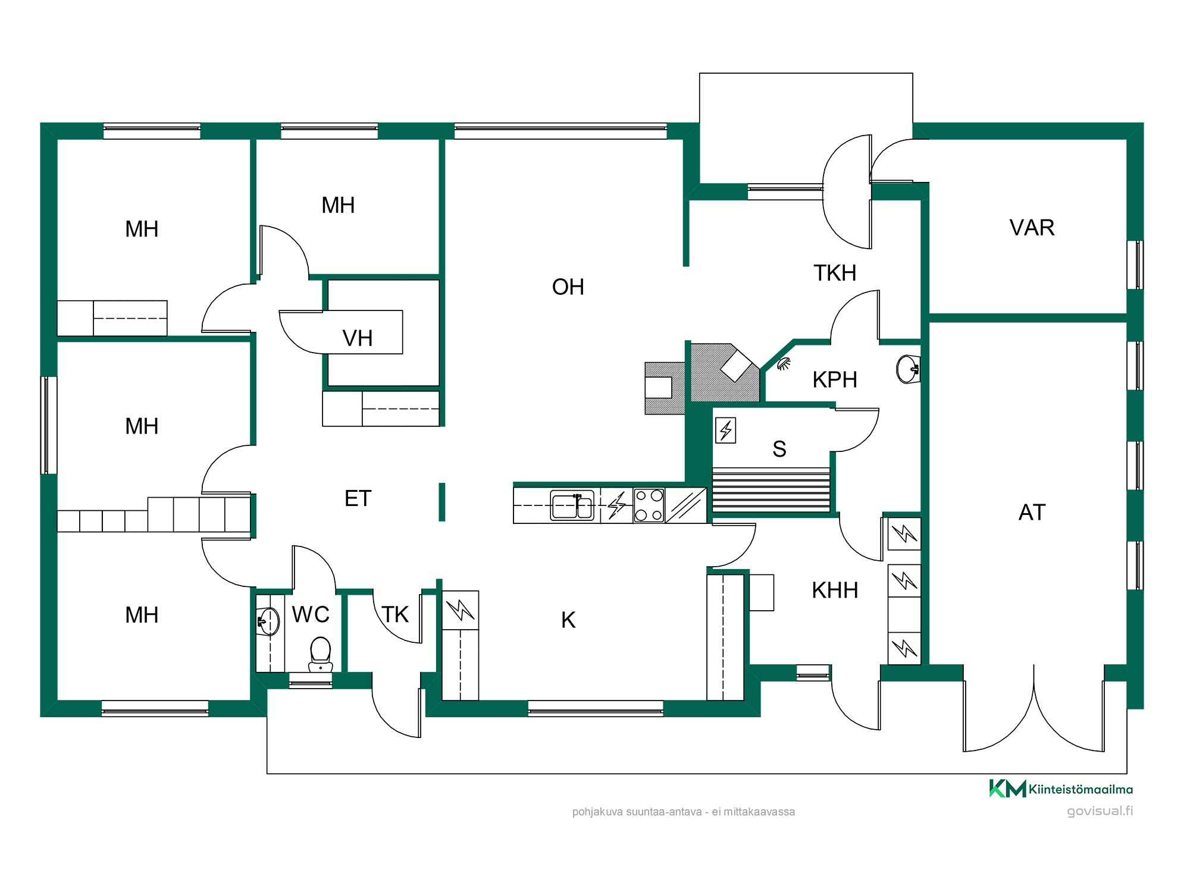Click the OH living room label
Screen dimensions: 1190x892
tap(568, 287)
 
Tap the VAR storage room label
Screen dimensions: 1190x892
tap(1032, 228)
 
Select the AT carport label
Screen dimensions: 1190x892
tap(1032, 512)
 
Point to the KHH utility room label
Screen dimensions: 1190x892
tap(835, 591)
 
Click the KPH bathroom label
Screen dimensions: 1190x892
tap(835, 379)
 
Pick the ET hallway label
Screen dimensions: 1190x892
tap(358, 498)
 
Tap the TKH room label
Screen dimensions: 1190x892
tap(835, 273)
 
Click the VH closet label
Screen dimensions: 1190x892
tap(358, 338)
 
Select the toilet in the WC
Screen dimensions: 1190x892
tap(321, 654)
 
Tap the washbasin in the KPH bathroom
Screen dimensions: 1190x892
tap(908, 369)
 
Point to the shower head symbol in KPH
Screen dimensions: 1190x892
tap(784, 363)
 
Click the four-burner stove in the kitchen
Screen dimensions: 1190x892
tap(649, 505)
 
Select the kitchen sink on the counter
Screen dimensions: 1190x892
tap(572, 505)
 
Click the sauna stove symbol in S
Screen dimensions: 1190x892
tap(725, 430)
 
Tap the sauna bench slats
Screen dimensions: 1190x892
tap(771, 490)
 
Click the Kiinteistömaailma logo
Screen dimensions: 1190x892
tap(1061, 789)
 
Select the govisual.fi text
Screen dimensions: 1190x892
tap(1100, 811)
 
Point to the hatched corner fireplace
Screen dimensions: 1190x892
tap(725, 373)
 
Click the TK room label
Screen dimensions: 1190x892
tap(395, 614)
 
